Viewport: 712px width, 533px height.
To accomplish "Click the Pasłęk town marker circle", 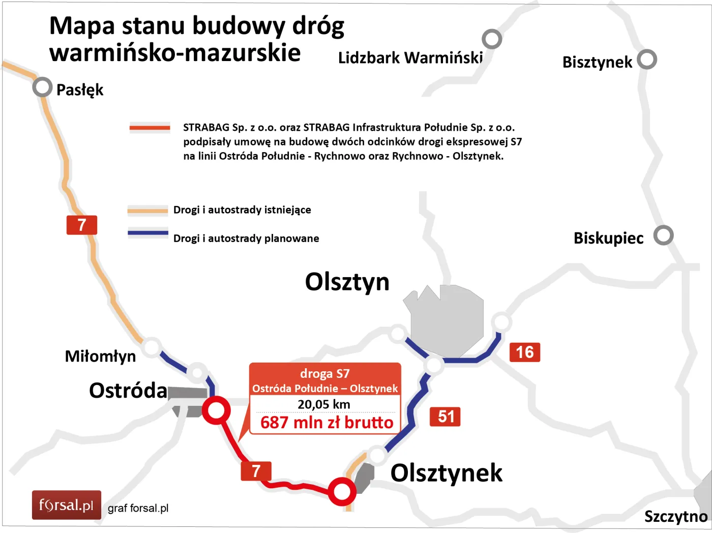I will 43,87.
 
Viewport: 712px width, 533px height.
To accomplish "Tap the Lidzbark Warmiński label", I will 410,58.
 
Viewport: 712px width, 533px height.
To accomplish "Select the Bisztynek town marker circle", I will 647,60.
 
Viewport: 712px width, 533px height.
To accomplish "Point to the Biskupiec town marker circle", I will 663,235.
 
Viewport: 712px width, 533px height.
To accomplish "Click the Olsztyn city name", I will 347,282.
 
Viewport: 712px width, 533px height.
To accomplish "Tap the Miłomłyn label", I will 100,356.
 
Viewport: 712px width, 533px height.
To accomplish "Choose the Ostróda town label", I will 128,391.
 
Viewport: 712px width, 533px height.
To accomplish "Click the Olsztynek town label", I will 446,473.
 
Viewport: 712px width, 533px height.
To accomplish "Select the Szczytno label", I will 675,517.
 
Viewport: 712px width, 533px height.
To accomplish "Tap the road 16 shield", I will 524,352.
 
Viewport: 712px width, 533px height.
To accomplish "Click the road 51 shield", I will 445,417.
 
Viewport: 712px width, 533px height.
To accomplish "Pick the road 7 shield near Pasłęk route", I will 81,225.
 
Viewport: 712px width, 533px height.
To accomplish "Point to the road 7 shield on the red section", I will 256,471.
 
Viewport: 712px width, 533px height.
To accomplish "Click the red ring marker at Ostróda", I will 216,410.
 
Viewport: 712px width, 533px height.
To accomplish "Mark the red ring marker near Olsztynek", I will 341,491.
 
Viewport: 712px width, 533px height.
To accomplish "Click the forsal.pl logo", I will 67,505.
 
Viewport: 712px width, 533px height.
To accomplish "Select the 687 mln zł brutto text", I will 327,423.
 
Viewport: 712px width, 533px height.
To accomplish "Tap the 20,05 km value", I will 324,404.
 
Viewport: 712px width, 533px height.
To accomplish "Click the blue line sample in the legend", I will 147,233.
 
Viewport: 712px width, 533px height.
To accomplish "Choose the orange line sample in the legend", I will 147,210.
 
